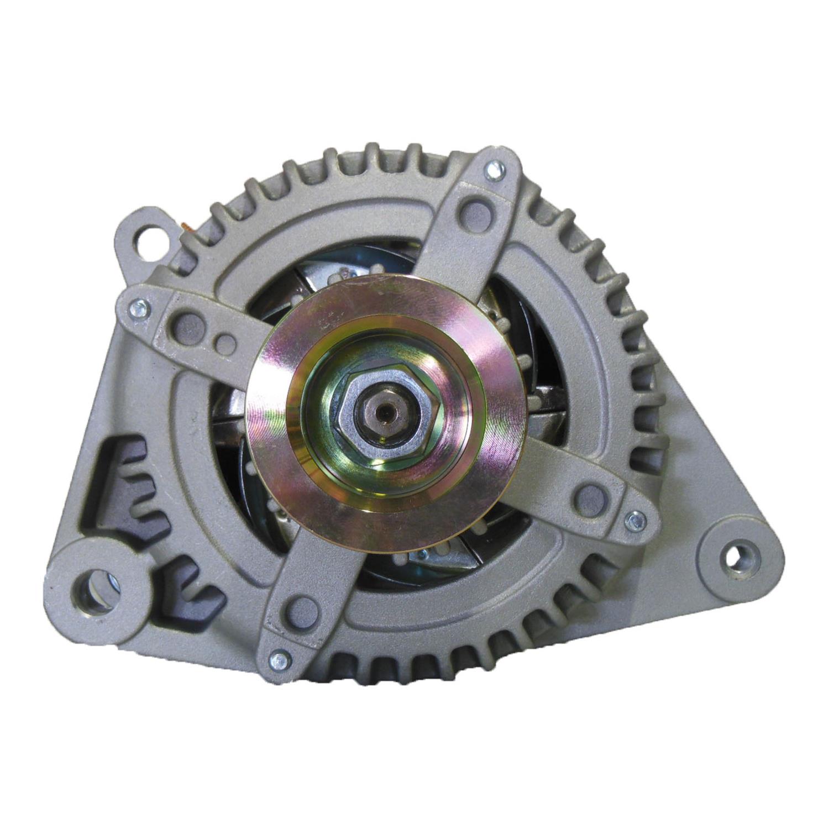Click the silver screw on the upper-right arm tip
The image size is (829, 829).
492,169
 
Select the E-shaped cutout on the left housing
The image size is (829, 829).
135,486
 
